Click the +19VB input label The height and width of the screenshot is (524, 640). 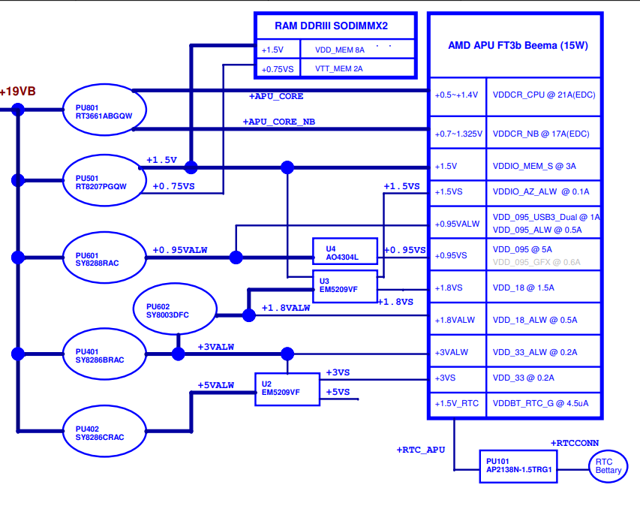click(x=17, y=92)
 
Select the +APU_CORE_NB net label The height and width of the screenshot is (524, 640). click(x=279, y=122)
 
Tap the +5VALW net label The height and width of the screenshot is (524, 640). click(x=216, y=385)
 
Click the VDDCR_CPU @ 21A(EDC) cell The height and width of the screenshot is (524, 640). click(x=544, y=95)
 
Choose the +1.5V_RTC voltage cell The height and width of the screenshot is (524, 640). click(x=457, y=404)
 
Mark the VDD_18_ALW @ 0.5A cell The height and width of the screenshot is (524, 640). click(x=544, y=320)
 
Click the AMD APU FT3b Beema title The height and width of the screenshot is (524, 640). click(x=518, y=45)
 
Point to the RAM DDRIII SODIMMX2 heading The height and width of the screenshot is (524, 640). click(x=331, y=26)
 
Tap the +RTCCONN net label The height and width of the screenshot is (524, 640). click(x=575, y=443)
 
